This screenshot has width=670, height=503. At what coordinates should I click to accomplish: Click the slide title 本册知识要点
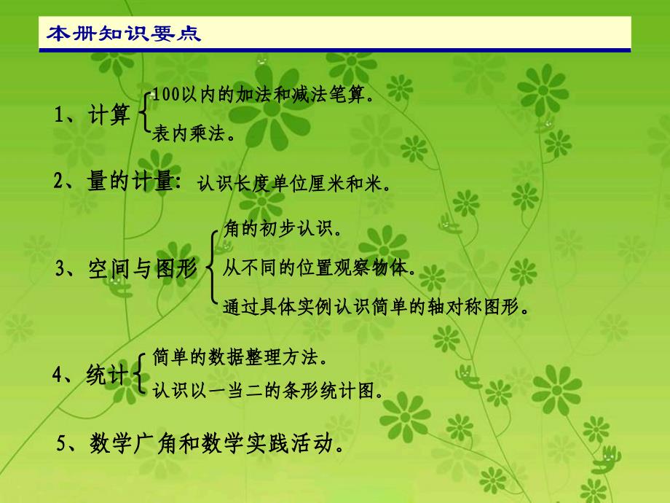124,34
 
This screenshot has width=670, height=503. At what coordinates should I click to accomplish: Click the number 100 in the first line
167,94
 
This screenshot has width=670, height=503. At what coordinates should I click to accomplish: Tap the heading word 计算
109,115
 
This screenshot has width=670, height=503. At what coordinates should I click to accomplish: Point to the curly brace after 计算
144,112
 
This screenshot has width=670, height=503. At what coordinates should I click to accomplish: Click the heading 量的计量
130,180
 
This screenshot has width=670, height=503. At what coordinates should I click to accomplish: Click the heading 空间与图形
143,269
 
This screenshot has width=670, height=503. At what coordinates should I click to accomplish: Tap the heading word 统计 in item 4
107,375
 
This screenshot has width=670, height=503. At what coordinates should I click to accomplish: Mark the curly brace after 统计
139,373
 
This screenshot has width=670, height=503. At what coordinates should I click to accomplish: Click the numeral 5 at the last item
61,443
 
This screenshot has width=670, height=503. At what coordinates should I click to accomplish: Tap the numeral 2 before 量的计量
58,181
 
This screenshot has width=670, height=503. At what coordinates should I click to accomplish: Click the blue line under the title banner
335,50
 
